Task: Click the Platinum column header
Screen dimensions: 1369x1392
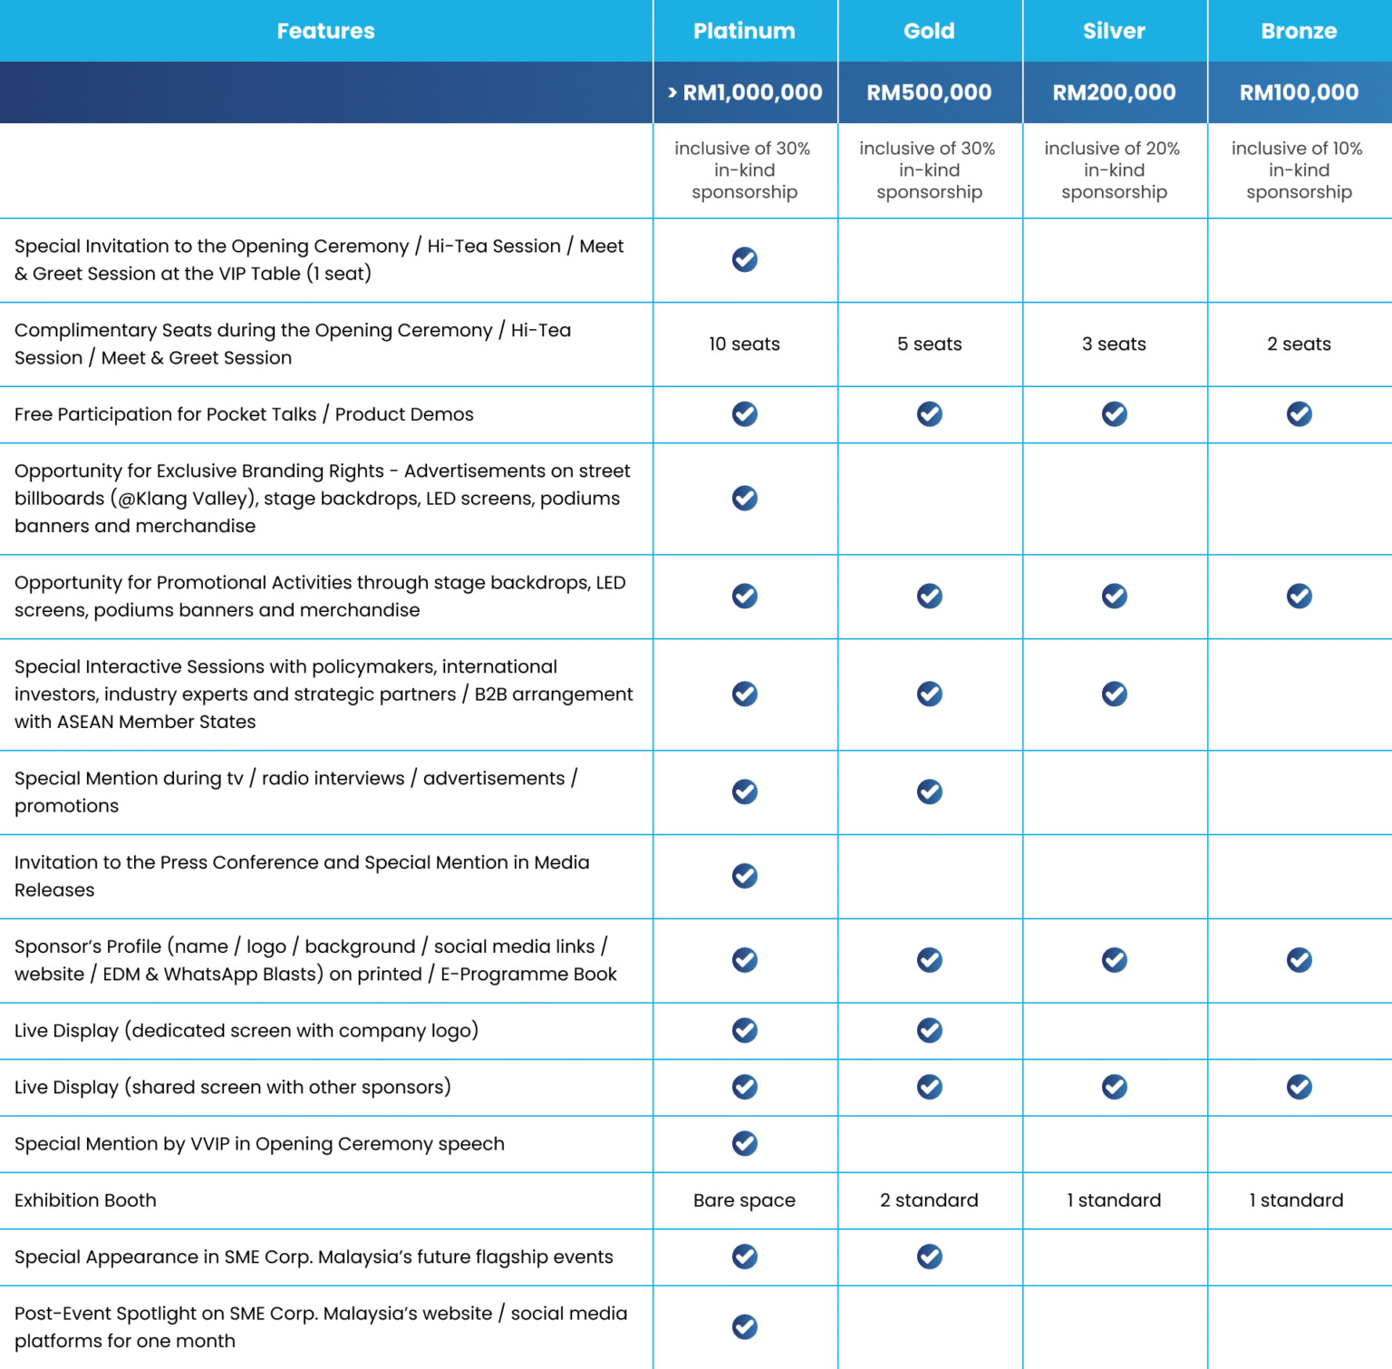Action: (x=744, y=31)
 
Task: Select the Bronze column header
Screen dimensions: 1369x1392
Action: (x=1299, y=31)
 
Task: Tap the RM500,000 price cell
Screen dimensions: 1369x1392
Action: (x=929, y=92)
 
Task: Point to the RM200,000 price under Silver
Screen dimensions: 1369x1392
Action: (x=1114, y=92)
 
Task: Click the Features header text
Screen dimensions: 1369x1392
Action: (x=325, y=31)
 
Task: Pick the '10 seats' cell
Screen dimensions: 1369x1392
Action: (x=744, y=345)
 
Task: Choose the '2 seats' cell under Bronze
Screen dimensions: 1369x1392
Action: (x=1299, y=345)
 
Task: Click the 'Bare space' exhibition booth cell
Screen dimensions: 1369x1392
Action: (x=744, y=1200)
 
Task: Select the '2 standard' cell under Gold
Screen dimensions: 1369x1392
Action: (x=929, y=1200)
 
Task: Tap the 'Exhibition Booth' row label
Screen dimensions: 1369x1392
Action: (x=85, y=1200)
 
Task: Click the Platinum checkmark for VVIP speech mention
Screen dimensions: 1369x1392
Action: (x=745, y=1143)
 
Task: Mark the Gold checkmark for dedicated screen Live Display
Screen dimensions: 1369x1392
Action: (x=930, y=1030)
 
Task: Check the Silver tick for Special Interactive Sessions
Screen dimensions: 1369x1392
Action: (x=1115, y=694)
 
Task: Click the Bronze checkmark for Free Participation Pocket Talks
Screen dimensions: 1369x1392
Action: (x=1300, y=414)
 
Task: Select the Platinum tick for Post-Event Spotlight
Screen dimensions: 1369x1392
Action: (x=745, y=1326)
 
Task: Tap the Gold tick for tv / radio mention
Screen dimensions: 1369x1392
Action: (x=930, y=791)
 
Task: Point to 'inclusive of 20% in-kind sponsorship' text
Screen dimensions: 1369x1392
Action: (x=1114, y=170)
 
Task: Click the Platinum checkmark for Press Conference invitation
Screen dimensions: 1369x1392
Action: (x=745, y=876)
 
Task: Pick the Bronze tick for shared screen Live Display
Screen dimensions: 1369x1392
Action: (x=1300, y=1086)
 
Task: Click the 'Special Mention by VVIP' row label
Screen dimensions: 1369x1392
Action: (x=259, y=1144)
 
